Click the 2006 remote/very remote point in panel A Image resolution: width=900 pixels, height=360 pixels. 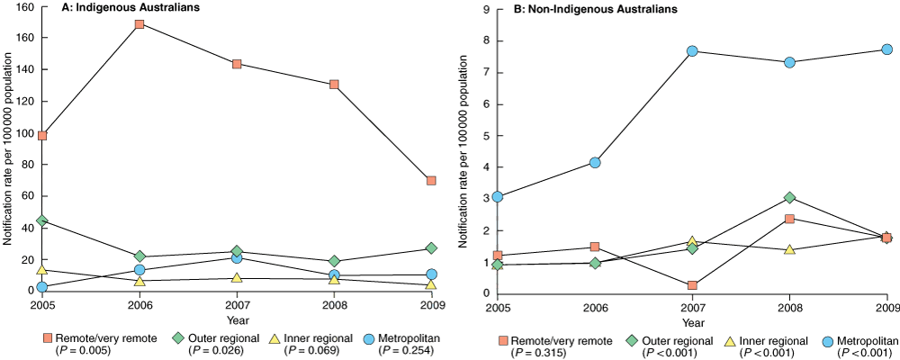139,24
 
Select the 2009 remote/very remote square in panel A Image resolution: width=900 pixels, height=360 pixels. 431,180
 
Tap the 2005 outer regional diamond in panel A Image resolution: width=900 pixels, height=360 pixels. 42,220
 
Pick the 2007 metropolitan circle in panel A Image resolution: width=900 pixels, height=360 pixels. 237,258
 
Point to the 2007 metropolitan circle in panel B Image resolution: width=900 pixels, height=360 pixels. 692,51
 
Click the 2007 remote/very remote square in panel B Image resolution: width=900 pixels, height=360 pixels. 692,285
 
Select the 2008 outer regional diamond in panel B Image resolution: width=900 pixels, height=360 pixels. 789,197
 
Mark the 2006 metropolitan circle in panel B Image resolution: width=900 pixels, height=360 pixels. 595,163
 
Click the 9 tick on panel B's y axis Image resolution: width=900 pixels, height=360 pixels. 486,9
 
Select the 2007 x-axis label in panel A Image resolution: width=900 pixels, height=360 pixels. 237,304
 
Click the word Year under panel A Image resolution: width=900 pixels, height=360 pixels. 237,319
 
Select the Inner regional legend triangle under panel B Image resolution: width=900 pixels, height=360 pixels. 731,341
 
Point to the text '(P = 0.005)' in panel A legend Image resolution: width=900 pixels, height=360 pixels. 86,350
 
